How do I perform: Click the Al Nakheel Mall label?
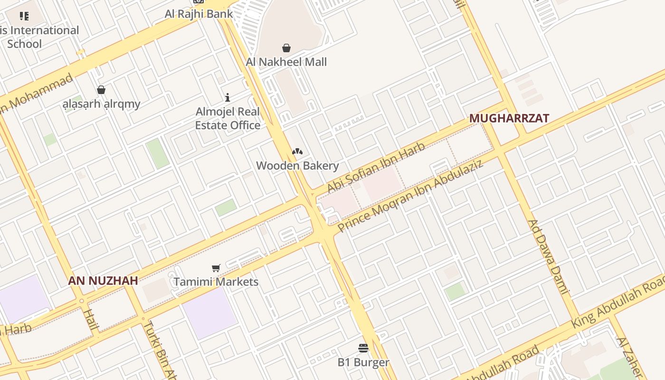(x=286, y=62)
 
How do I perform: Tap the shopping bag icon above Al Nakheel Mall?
(x=286, y=48)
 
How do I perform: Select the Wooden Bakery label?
(x=297, y=166)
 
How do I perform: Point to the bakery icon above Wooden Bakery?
(x=297, y=152)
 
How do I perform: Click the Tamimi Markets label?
(x=216, y=282)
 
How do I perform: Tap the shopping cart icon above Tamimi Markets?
(x=216, y=268)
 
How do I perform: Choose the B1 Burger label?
(x=363, y=362)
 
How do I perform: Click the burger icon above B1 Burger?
(x=363, y=348)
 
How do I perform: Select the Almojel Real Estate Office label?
(x=228, y=119)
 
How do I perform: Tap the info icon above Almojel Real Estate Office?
(x=228, y=97)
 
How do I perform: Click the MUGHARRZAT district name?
(x=509, y=118)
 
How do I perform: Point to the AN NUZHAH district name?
(x=103, y=280)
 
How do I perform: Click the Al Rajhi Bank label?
(x=199, y=14)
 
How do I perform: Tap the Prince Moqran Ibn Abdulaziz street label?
(x=410, y=196)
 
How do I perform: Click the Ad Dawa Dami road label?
(x=549, y=256)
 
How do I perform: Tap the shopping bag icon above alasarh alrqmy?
(x=101, y=90)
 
